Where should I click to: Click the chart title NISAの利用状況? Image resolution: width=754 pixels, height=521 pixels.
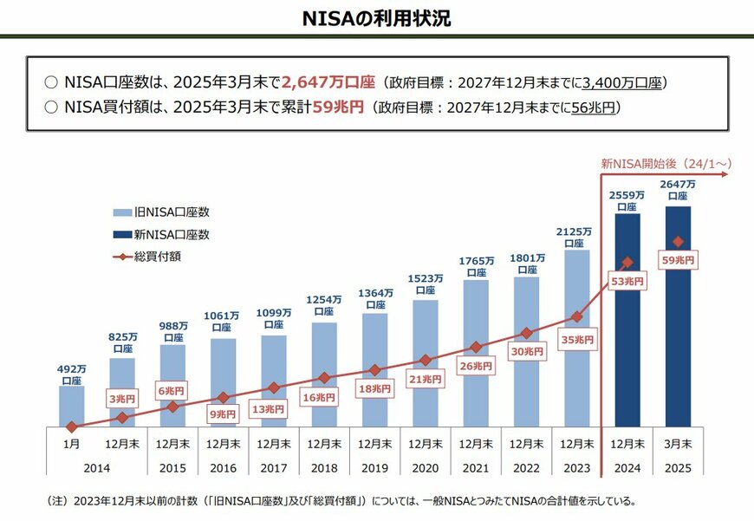click(376, 19)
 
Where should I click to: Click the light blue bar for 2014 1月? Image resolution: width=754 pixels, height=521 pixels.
click(72, 407)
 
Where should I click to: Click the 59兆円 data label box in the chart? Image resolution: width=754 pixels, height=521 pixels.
click(678, 259)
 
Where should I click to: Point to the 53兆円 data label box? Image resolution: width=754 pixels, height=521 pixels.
click(627, 281)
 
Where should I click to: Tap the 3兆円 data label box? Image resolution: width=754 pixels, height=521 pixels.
click(121, 398)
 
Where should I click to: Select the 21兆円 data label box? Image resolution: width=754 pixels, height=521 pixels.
click(426, 379)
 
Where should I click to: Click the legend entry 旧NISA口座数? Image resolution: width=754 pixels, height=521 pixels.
click(172, 212)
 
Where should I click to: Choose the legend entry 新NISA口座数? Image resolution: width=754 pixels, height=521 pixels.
click(172, 234)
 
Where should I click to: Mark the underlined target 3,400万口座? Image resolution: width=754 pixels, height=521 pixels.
click(622, 83)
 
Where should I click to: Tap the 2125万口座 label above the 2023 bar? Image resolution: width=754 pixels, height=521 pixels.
click(577, 237)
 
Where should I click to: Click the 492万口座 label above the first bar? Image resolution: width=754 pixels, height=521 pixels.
click(72, 374)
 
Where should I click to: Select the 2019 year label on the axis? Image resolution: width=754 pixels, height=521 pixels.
click(374, 466)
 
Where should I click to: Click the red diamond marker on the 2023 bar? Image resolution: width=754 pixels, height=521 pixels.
click(577, 317)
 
